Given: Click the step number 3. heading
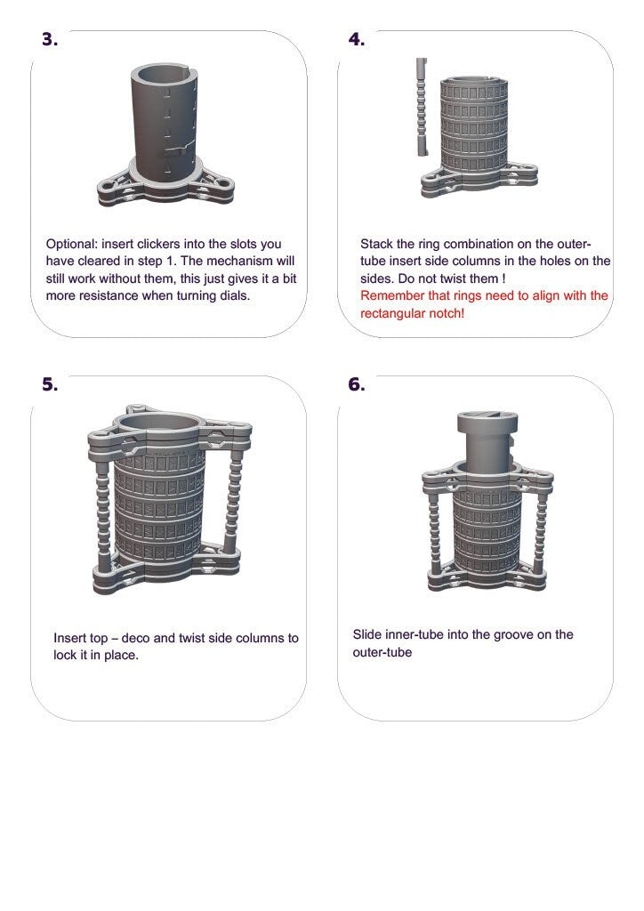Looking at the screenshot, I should coord(50,40).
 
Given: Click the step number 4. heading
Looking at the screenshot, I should coord(356,40).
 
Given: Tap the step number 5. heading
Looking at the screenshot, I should coord(50,384).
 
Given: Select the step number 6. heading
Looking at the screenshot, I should coord(356,384).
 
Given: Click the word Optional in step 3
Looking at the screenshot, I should coord(73,244).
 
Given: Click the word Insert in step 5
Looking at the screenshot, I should coord(70,639).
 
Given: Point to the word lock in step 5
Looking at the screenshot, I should coord(66,657).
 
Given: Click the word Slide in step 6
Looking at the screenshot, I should coord(368,635).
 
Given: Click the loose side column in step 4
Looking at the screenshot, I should coord(421,107).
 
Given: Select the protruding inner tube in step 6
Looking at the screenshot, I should coord(484,436).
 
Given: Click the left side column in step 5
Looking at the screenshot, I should coord(102,507).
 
